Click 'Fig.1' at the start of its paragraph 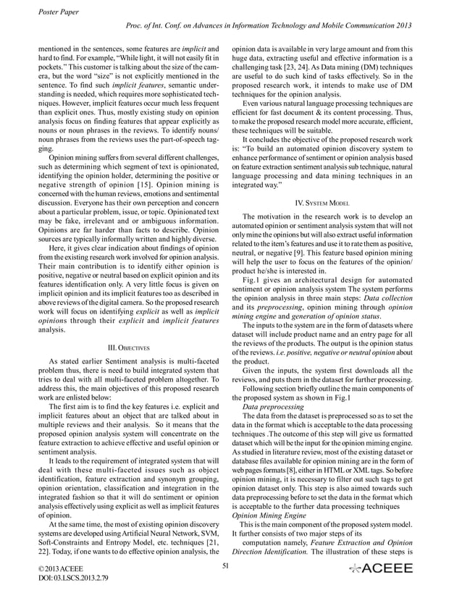pyautogui.click(x=251, y=280)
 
